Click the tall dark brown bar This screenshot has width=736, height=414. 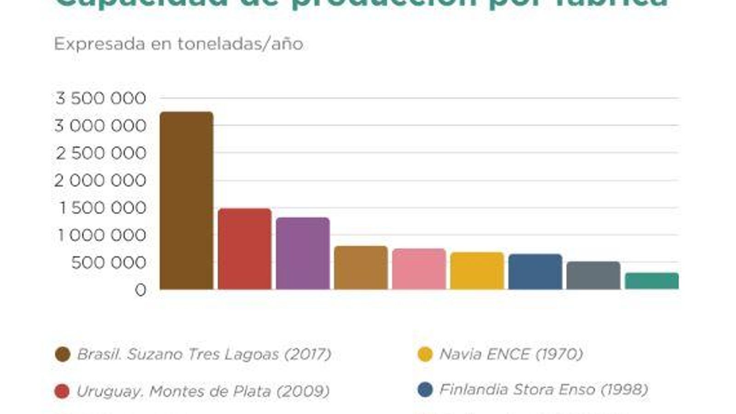pyautogui.click(x=186, y=201)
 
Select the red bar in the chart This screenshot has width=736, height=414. pyautogui.click(x=244, y=249)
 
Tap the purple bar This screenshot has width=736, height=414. pyautogui.click(x=303, y=253)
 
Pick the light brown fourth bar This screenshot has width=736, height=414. pyautogui.click(x=361, y=268)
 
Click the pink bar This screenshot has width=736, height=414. pyautogui.click(x=419, y=269)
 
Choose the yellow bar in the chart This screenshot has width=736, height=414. pyautogui.click(x=477, y=271)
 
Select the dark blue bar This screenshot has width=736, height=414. pyautogui.click(x=535, y=272)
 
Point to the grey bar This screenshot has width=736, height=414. pyautogui.click(x=593, y=276)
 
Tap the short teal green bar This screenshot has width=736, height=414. pyautogui.click(x=651, y=281)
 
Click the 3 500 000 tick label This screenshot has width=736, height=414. pyautogui.click(x=101, y=98)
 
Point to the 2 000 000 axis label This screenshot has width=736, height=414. pyautogui.click(x=100, y=181)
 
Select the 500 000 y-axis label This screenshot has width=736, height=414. pyautogui.click(x=109, y=263)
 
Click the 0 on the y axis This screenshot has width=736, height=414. pyautogui.click(x=140, y=290)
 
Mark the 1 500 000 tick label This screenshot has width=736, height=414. pyautogui.click(x=103, y=208)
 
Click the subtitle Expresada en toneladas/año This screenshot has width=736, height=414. pyautogui.click(x=178, y=44)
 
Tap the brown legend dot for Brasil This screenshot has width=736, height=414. pyautogui.click(x=63, y=354)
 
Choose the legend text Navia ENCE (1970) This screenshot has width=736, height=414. pyautogui.click(x=511, y=354)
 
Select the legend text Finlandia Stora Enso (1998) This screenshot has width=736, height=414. pyautogui.click(x=543, y=390)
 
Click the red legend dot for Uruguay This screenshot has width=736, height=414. pyautogui.click(x=62, y=391)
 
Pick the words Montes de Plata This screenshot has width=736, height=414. pyautogui.click(x=210, y=391)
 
